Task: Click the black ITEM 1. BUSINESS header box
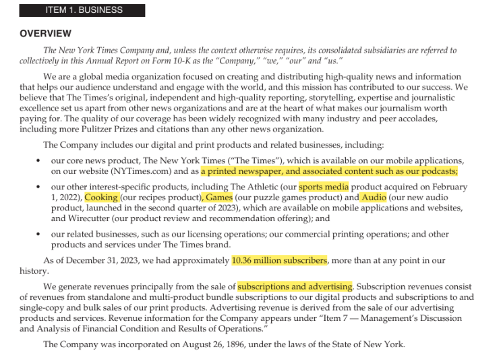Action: coord(82,10)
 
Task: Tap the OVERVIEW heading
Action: coord(47,34)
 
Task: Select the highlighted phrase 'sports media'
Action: coord(324,187)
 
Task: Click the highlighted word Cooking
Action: coord(101,198)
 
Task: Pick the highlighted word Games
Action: coord(218,198)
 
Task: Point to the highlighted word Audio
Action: coord(374,198)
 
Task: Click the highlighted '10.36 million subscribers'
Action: coord(279,260)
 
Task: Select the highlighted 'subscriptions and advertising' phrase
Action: coord(295,287)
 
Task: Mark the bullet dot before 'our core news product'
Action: coord(38,161)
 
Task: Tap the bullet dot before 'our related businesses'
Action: coord(38,234)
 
